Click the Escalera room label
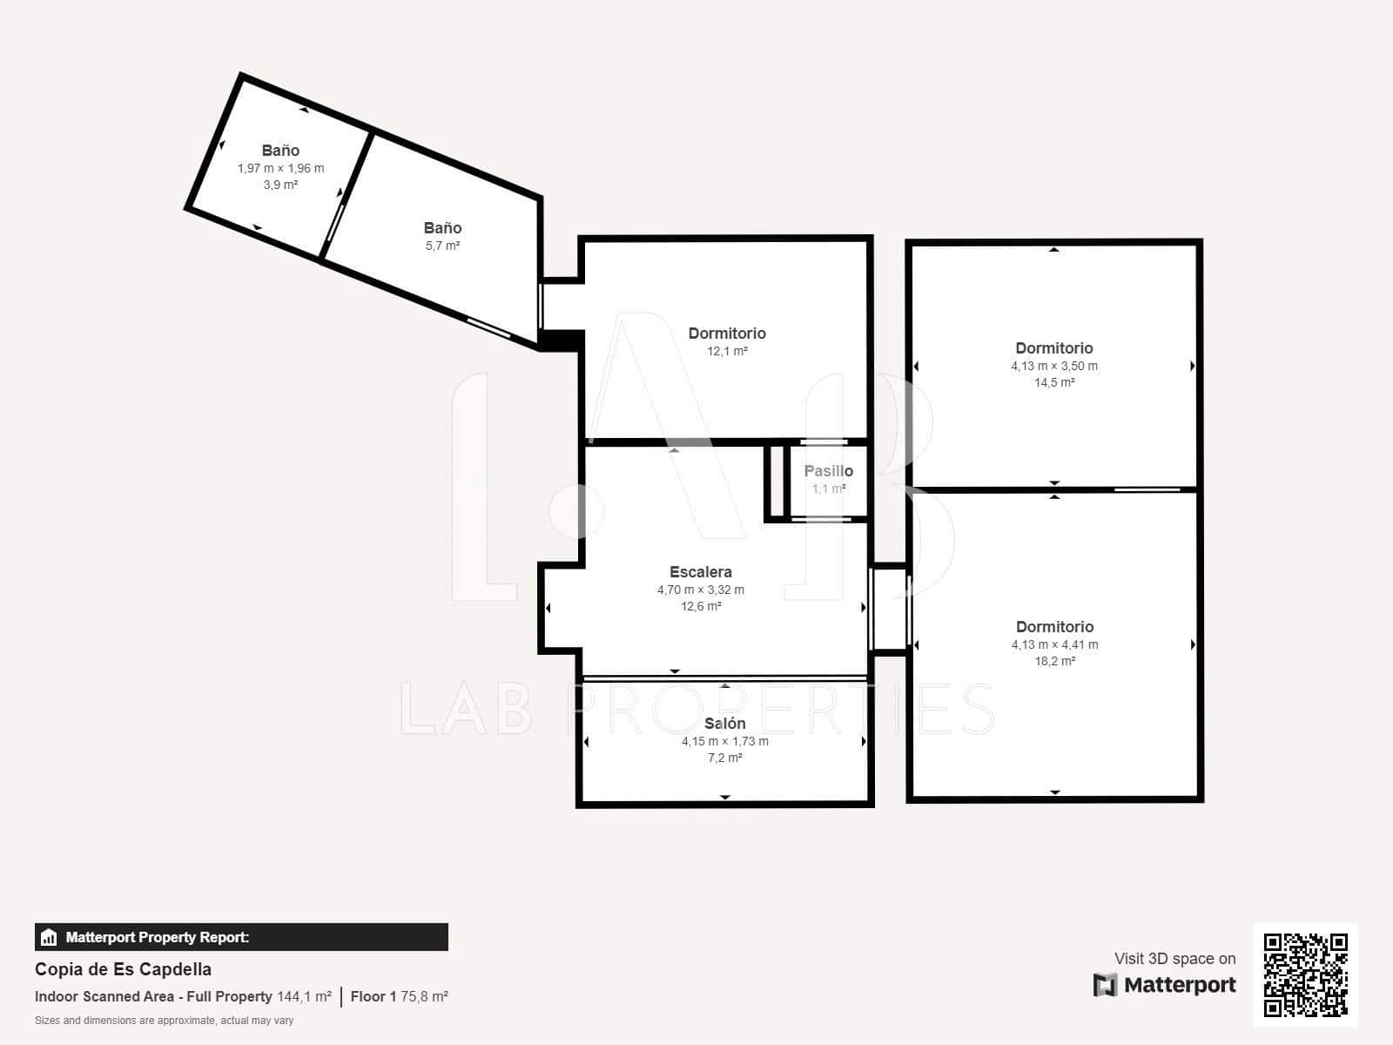[700, 572]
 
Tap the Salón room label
[724, 724]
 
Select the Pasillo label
[828, 471]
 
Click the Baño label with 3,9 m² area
[280, 151]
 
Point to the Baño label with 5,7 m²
[442, 228]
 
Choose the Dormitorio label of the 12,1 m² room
[727, 334]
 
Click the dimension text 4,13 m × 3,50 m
[1054, 366]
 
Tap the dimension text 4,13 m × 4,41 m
[1054, 644]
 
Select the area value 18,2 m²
[1054, 661]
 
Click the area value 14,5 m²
[1054, 382]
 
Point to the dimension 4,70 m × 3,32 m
[700, 590]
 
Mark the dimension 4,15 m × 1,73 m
[724, 741]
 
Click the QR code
[1305, 974]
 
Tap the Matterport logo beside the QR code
[1164, 985]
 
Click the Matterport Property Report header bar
[241, 937]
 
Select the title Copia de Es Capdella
[123, 969]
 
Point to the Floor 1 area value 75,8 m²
[424, 996]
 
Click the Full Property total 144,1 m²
[304, 996]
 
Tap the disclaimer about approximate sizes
[164, 1021]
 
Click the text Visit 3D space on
[1174, 959]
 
